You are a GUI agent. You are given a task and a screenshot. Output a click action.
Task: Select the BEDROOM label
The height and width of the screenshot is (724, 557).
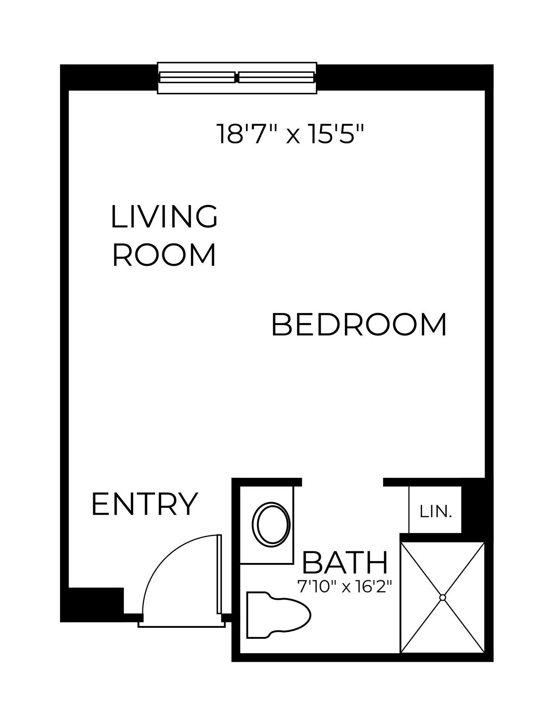359,324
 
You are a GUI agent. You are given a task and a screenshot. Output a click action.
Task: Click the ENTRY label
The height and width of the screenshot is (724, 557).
145,504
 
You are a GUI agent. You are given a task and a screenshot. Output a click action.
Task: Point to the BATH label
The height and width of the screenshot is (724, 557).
345,563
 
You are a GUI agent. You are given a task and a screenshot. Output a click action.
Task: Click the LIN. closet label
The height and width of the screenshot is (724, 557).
435,512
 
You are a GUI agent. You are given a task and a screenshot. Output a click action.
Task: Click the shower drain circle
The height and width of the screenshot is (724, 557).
443,597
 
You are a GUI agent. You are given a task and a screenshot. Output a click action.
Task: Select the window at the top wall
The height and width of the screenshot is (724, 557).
237,78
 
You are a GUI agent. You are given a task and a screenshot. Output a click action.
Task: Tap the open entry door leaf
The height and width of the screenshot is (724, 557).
219,580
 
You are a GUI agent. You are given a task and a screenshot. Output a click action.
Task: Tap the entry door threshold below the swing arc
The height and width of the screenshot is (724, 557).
182,625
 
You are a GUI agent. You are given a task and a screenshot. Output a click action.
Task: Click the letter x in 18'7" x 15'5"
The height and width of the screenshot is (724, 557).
293,137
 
